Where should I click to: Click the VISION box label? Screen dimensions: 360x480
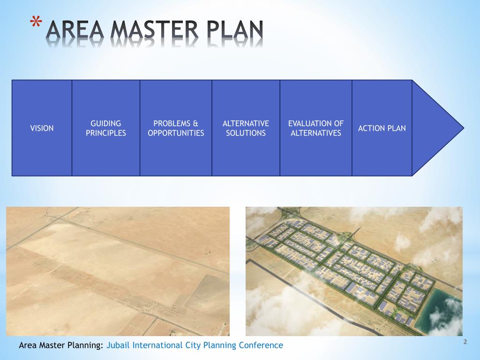click(42, 128)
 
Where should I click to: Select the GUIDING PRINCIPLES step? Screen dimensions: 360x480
click(106, 128)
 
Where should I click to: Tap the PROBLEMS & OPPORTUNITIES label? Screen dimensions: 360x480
click(176, 128)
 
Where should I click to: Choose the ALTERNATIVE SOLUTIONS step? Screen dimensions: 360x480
click(246, 128)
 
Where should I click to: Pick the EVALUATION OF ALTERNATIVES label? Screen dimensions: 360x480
click(316, 128)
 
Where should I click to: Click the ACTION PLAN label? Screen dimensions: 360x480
click(382, 128)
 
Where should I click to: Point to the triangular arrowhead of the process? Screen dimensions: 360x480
click(436, 127)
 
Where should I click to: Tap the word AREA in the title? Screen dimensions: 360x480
click(76, 31)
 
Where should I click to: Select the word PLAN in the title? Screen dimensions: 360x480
click(234, 31)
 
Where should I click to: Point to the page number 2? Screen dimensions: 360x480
click(465, 342)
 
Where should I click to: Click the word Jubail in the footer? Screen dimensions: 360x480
click(119, 345)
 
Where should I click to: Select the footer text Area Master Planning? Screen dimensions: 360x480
click(61, 345)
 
